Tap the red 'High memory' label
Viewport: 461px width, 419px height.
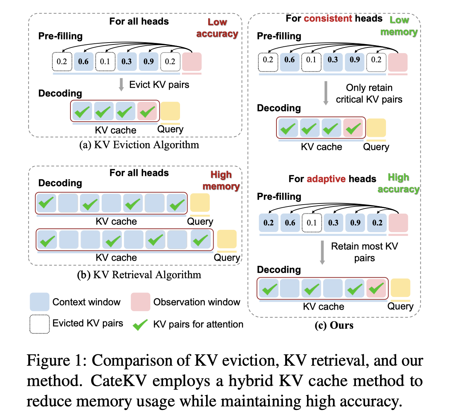[221, 180]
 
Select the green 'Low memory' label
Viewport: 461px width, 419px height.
[399, 26]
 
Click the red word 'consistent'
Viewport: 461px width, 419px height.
[328, 18]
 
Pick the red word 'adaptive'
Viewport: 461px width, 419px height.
[326, 179]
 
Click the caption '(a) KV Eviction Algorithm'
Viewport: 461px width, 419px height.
[139, 145]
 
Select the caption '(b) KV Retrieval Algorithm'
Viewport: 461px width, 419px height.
[139, 275]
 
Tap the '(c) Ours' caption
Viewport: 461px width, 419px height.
[334, 325]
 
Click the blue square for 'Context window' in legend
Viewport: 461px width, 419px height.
[40, 302]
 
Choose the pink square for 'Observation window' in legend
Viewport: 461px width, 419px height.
[140, 302]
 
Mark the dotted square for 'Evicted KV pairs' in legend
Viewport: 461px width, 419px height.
[40, 324]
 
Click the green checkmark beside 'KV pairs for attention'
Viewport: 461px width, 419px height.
[140, 324]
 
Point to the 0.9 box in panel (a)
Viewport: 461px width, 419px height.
[148, 62]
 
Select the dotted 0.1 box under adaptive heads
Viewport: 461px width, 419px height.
[311, 223]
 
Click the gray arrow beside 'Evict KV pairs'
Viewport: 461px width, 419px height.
[121, 85]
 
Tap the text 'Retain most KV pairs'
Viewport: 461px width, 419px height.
[365, 252]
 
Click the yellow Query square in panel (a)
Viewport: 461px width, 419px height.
[170, 111]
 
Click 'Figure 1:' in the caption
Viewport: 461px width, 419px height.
[56, 360]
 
